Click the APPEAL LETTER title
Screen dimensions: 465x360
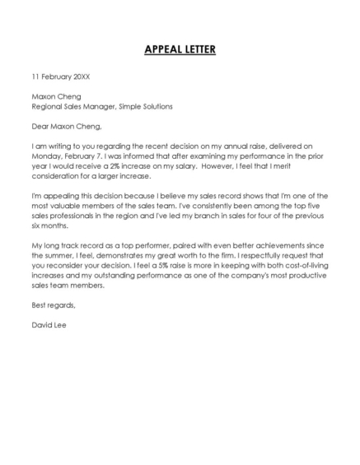180,49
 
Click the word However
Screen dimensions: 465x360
243,165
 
